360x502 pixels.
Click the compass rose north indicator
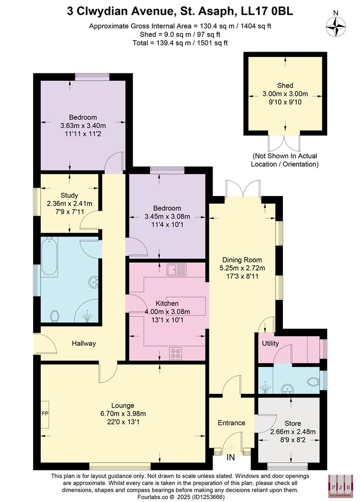click(336, 26)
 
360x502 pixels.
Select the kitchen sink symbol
click(176, 269)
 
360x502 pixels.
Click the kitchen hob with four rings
click(176, 353)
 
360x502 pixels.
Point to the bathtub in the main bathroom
click(48, 257)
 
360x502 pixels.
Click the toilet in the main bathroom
click(54, 316)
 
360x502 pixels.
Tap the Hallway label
click(84, 343)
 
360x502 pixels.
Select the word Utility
click(270, 343)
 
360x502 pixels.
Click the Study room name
click(69, 195)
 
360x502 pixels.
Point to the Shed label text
click(285, 86)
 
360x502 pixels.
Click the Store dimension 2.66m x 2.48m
click(293, 431)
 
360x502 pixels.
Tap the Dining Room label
click(242, 259)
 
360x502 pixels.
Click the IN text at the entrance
click(231, 458)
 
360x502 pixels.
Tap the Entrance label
click(231, 423)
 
